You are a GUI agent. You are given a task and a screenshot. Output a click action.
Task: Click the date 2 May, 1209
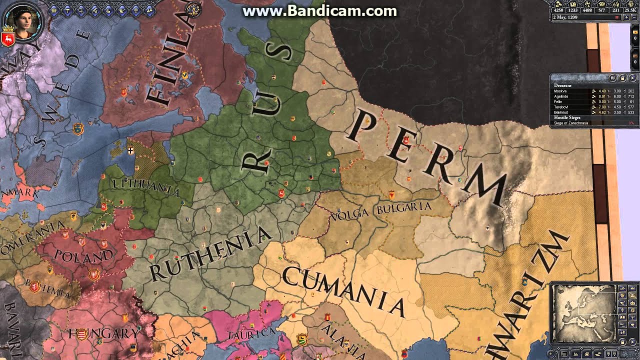pos(565,17)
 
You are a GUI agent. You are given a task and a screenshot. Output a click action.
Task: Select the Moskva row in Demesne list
pos(560,91)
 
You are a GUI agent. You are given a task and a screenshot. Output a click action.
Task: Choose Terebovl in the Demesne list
pos(561,107)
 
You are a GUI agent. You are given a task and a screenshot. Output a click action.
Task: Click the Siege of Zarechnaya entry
pos(571,123)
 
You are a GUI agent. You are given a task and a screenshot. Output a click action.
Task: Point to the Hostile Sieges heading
pos(567,117)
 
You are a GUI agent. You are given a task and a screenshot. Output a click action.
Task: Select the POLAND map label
pos(83,255)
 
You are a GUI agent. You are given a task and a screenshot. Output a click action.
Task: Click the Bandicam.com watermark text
pos(320,11)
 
